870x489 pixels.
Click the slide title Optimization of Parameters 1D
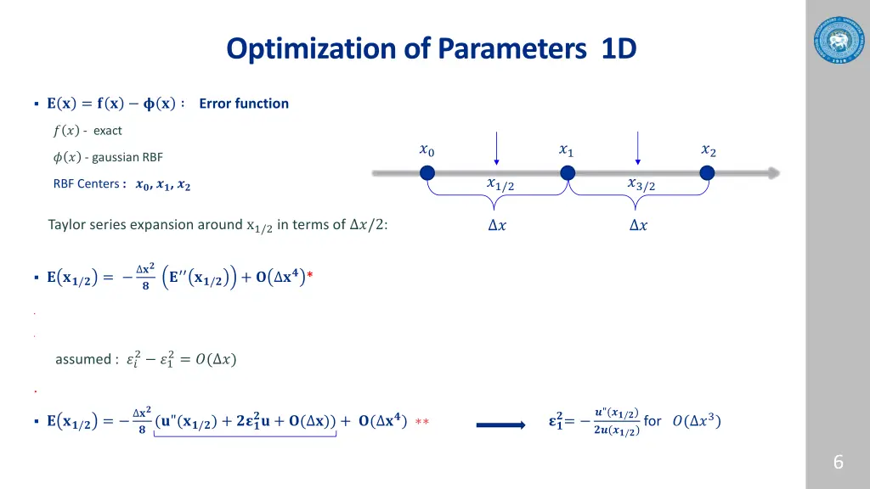point(431,49)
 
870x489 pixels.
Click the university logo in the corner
point(837,39)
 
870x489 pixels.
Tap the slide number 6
point(838,462)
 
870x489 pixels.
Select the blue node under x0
point(427,173)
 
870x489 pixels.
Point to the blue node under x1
point(568,173)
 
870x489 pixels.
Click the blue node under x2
point(707,173)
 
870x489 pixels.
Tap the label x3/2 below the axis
point(641,184)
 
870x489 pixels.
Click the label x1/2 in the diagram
point(500,184)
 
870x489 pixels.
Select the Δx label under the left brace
point(497,225)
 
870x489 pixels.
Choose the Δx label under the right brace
point(637,225)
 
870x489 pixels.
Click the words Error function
point(244,104)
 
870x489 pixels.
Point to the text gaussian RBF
point(127,157)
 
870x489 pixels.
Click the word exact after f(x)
point(108,131)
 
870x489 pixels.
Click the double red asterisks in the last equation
point(421,422)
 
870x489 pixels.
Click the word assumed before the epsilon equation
point(82,359)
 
